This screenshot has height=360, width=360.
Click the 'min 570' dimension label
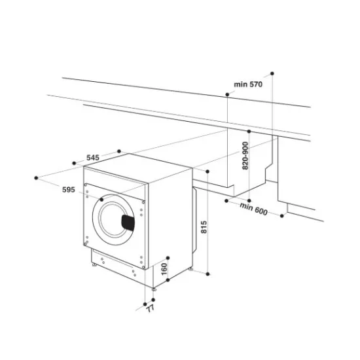249,84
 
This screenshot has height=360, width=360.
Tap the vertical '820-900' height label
245,156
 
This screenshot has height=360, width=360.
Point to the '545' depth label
92,158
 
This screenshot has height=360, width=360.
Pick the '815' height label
204,228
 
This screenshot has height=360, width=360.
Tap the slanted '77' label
150,307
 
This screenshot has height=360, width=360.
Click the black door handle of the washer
129,222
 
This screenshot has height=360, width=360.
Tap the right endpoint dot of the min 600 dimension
283,215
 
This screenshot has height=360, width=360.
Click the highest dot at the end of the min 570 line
272,72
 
